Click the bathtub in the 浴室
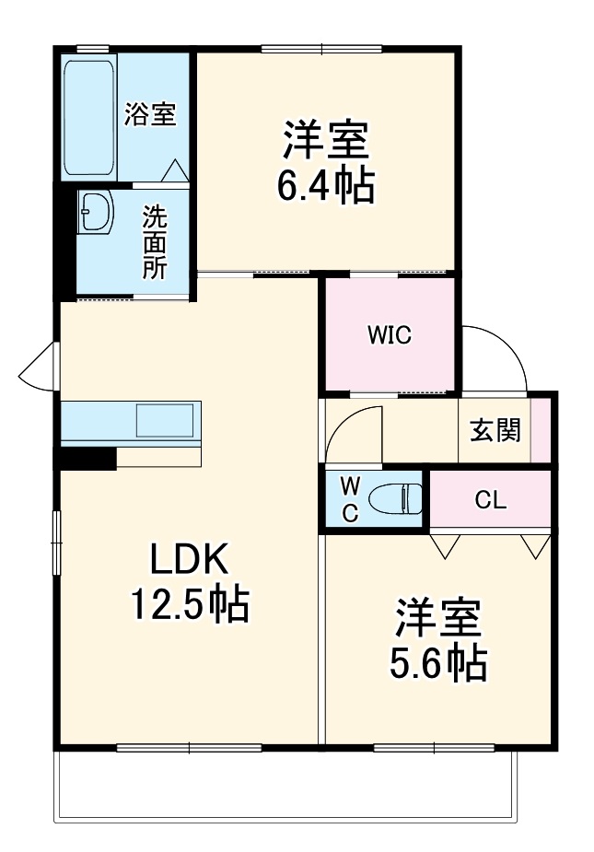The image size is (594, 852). (x=89, y=117)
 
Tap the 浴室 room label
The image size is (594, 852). (x=150, y=115)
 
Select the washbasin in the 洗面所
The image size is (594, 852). (x=94, y=214)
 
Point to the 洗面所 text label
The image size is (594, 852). (x=154, y=242)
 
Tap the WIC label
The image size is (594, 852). (x=390, y=335)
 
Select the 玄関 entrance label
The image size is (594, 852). (x=495, y=430)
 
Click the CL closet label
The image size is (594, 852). (x=490, y=500)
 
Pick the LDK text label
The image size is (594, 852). (x=189, y=559)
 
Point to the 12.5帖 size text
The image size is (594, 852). (x=189, y=604)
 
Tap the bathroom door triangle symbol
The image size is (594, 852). (x=175, y=170)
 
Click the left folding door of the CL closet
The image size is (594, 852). (x=446, y=545)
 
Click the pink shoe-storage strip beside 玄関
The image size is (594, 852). (x=542, y=429)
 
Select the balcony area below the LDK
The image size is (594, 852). (x=285, y=783)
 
